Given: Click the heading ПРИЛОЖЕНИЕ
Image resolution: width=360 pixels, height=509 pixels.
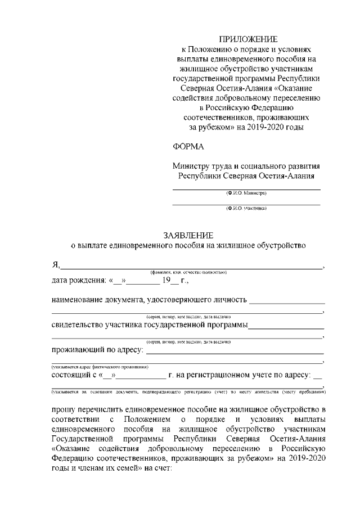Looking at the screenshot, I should tap(248, 39).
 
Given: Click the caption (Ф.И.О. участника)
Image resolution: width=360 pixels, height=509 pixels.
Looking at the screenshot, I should tap(246, 209).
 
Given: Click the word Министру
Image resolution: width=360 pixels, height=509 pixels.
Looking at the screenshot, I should tap(193, 166).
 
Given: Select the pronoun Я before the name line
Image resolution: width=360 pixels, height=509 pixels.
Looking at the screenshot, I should tap(55, 265).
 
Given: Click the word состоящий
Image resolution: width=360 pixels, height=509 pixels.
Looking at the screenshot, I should tap(71, 374).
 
